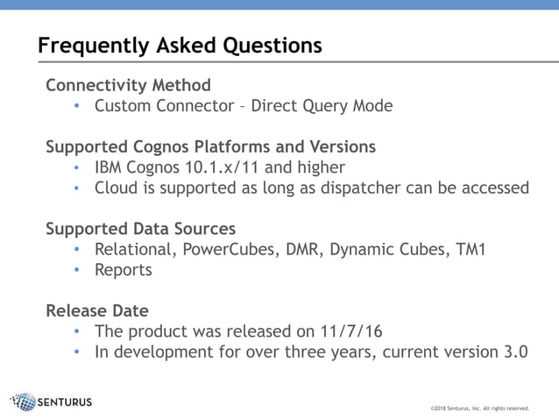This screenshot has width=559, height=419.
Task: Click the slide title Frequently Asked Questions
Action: pyautogui.click(x=180, y=45)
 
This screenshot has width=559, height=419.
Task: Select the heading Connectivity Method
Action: pyautogui.click(x=128, y=85)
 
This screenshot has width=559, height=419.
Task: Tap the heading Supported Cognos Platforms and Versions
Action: pyautogui.click(x=210, y=146)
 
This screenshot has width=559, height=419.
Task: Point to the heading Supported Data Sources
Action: pyautogui.click(x=140, y=229)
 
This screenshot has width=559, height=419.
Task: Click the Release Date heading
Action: pyautogui.click(x=96, y=311)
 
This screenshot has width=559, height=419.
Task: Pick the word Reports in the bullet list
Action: pyautogui.click(x=124, y=270)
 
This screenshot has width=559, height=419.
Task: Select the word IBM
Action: pyautogui.click(x=110, y=167)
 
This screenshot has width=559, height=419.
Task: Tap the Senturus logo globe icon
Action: pyautogui.click(x=24, y=402)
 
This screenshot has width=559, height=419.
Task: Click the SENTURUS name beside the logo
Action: pyautogui.click(x=66, y=402)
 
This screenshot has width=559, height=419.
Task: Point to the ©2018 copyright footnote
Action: pyautogui.click(x=480, y=408)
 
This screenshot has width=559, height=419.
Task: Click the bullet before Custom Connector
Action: pyautogui.click(x=77, y=106)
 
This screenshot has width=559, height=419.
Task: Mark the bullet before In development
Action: pyautogui.click(x=77, y=353)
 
